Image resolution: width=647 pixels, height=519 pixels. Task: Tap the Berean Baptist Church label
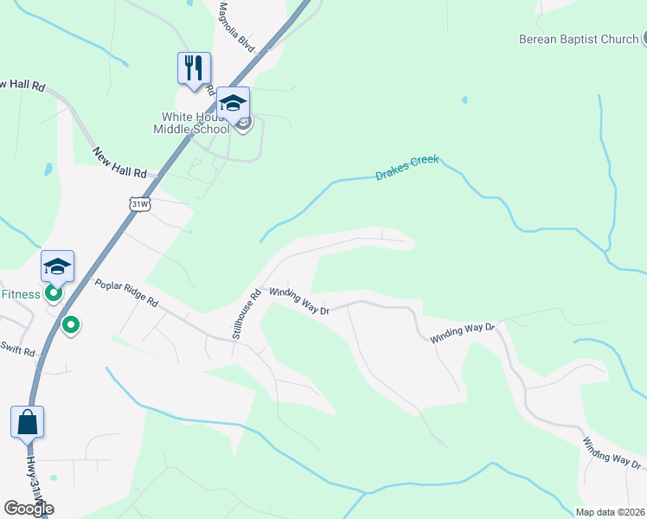pyautogui.click(x=579, y=39)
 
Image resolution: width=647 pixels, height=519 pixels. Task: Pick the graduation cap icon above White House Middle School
pyautogui.click(x=233, y=102)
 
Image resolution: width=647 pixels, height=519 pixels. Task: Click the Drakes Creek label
pyautogui.click(x=407, y=168)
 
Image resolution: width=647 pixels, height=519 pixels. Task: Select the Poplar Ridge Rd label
pyautogui.click(x=126, y=293)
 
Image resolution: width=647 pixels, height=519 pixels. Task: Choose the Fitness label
pyautogui.click(x=20, y=294)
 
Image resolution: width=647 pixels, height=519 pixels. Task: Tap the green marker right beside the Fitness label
pyautogui.click(x=54, y=294)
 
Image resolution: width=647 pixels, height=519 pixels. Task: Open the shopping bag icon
pyautogui.click(x=28, y=422)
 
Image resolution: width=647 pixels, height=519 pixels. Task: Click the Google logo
pyautogui.click(x=29, y=509)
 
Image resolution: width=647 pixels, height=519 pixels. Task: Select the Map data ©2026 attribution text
pyautogui.click(x=610, y=512)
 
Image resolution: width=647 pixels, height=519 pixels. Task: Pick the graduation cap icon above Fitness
pyautogui.click(x=57, y=266)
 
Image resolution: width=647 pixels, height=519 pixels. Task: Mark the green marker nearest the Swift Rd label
pyautogui.click(x=72, y=325)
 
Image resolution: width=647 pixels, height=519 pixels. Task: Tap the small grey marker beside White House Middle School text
pyautogui.click(x=243, y=125)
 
